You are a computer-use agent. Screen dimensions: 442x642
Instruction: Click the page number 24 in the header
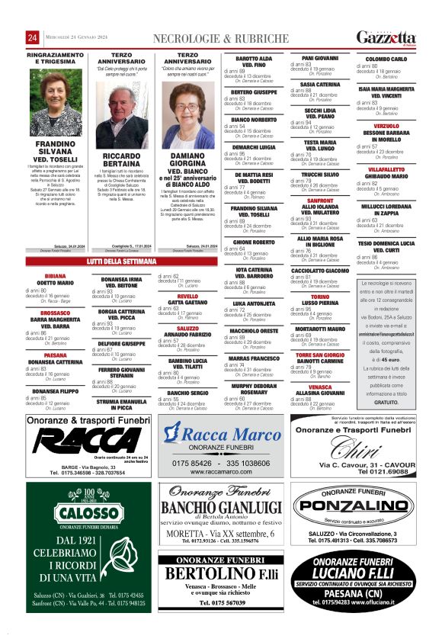click(x=33, y=39)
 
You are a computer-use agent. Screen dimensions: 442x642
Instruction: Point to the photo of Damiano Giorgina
click(x=187, y=115)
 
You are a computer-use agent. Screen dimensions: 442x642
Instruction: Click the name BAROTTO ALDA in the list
click(x=254, y=58)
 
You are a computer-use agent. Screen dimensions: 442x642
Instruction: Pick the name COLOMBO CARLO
click(x=386, y=59)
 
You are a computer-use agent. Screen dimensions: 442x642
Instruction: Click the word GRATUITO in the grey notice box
click(x=386, y=402)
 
